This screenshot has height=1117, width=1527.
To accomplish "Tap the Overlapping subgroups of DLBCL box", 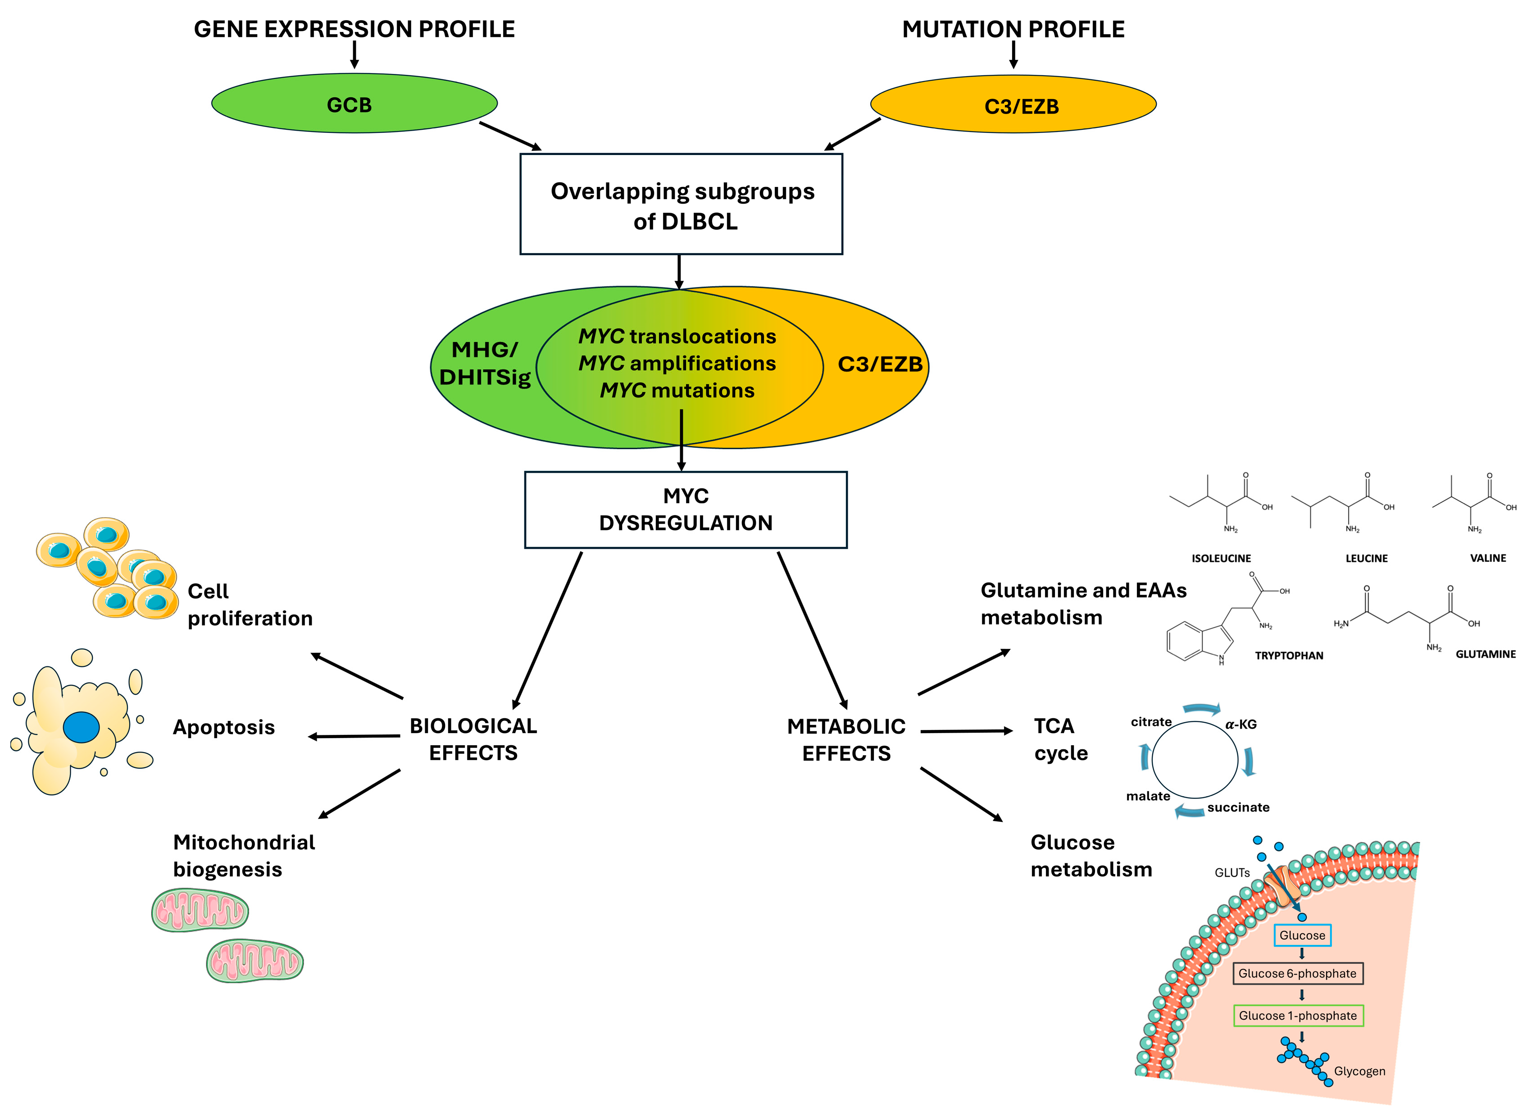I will pos(681,204).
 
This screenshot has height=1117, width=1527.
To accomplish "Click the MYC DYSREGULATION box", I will pos(686,509).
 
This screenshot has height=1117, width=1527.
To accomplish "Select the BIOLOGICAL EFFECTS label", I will pos(473,739).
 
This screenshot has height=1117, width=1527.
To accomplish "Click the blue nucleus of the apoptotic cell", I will pos(81,728).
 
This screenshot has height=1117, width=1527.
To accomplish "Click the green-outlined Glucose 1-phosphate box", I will pos(1297,1016).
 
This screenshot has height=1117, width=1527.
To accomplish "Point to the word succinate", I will pos(1238,807).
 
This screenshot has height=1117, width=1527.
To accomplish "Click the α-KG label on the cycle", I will pos(1241,724).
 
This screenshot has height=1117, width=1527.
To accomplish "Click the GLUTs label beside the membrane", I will pos(1232,873).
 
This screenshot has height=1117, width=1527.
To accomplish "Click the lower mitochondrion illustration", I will pos(255,960).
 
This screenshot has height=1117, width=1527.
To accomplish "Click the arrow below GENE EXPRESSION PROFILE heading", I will pos(354,54).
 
